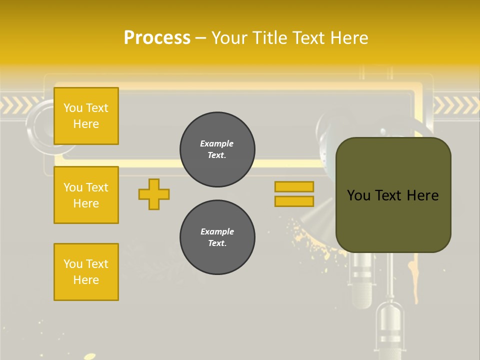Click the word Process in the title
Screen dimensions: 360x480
[x=157, y=38]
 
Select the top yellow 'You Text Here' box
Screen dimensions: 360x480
[x=86, y=116]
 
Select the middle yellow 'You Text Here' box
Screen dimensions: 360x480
[x=86, y=195]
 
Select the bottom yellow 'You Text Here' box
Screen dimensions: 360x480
[x=86, y=272]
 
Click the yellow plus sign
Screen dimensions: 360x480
[x=154, y=194]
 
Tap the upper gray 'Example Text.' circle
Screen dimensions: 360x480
[x=217, y=149]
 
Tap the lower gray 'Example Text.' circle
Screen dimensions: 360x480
[x=217, y=237]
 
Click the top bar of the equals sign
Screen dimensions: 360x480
[x=294, y=186]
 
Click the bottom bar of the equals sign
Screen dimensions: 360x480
[x=294, y=201]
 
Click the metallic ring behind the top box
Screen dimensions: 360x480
[x=37, y=125]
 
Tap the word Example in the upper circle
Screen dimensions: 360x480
[x=217, y=143]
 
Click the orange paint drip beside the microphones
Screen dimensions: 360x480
[x=413, y=280]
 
